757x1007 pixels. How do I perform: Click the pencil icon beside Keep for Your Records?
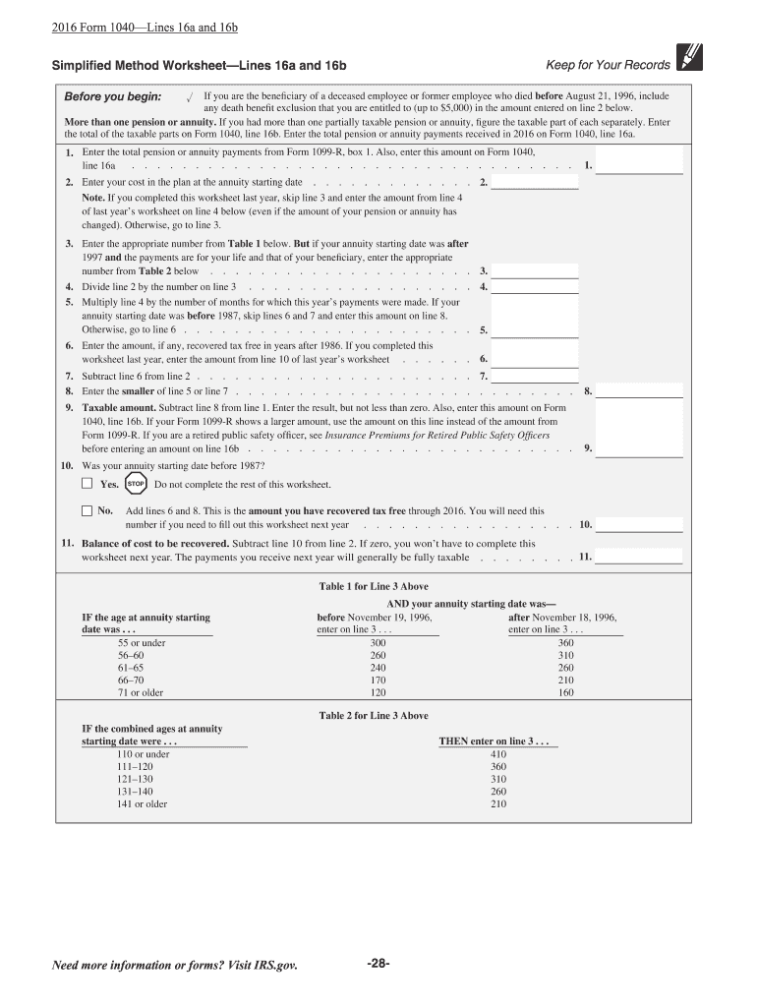coord(690,62)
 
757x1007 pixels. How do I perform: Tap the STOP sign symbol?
coord(136,484)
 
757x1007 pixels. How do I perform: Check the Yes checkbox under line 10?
coord(87,484)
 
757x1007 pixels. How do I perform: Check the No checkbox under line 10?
coord(87,510)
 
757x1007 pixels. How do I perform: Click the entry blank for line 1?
coord(639,166)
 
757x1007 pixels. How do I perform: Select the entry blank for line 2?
coord(535,182)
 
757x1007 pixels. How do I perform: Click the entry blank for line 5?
coord(535,330)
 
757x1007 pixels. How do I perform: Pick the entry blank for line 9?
coord(639,448)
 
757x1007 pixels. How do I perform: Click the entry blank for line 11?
coord(639,557)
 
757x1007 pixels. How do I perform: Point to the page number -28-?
coord(378,964)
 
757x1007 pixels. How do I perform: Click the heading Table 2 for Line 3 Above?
coord(373,716)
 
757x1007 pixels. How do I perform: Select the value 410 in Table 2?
coord(497,754)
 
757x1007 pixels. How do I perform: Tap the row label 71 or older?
coord(141,692)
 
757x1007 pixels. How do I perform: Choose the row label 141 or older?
coord(143,804)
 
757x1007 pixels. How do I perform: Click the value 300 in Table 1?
coord(378,642)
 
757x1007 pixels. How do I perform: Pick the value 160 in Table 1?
coord(565,692)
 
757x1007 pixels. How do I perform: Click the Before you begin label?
coord(113,97)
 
